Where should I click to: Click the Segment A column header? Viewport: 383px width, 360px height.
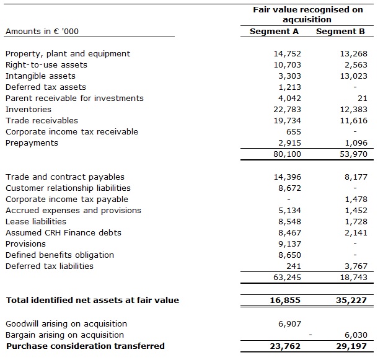pyautogui.click(x=275, y=31)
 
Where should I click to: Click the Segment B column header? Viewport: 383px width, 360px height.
pyautogui.click(x=340, y=31)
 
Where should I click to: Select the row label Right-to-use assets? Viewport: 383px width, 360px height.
pyautogui.click(x=46, y=64)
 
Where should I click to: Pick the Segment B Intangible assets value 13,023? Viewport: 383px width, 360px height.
pyautogui.click(x=353, y=76)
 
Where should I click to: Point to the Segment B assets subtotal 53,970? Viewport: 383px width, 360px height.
pyautogui.click(x=353, y=154)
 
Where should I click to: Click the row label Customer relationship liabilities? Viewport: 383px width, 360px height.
pyautogui.click(x=68, y=188)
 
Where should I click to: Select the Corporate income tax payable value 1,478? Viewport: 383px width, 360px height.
pyautogui.click(x=356, y=199)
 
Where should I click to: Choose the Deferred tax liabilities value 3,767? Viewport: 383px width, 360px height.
pyautogui.click(x=356, y=266)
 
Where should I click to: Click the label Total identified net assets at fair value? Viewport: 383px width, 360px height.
pyautogui.click(x=92, y=300)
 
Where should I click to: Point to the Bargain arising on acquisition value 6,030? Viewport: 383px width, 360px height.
pyautogui.click(x=356, y=335)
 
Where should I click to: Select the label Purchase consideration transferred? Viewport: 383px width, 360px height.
pyautogui.click(x=86, y=346)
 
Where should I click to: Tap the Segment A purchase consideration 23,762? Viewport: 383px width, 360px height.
pyautogui.click(x=285, y=346)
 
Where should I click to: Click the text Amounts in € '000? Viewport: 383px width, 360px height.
pyautogui.click(x=42, y=31)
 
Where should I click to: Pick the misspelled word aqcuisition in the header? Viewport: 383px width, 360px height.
pyautogui.click(x=308, y=20)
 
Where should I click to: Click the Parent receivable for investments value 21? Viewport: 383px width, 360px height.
pyautogui.click(x=363, y=98)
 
